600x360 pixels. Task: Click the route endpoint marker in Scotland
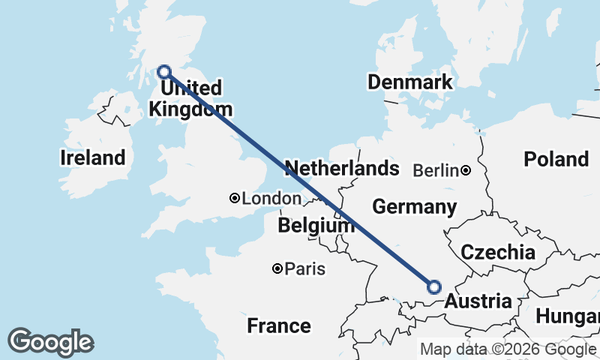(x=165, y=72)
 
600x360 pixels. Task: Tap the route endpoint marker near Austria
(x=434, y=286)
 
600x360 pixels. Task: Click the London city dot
(x=235, y=198)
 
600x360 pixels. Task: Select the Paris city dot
(x=277, y=268)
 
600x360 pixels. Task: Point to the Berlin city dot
(x=466, y=170)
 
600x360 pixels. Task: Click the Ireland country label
(x=92, y=158)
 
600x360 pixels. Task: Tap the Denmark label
(x=410, y=82)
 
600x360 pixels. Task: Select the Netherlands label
(x=342, y=168)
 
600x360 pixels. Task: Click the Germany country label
(x=414, y=206)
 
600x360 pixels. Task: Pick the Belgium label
(x=316, y=225)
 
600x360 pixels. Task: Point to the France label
(x=279, y=325)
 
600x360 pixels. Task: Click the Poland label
(x=556, y=159)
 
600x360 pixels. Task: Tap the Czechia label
(x=498, y=252)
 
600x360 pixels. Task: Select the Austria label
(x=478, y=301)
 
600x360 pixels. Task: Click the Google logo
(x=50, y=342)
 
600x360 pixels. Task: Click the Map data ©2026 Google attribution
(x=507, y=349)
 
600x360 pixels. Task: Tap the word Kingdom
(x=190, y=109)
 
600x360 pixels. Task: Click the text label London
(x=271, y=199)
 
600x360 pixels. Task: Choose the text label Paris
(x=305, y=268)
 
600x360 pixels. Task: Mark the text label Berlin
(x=435, y=171)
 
